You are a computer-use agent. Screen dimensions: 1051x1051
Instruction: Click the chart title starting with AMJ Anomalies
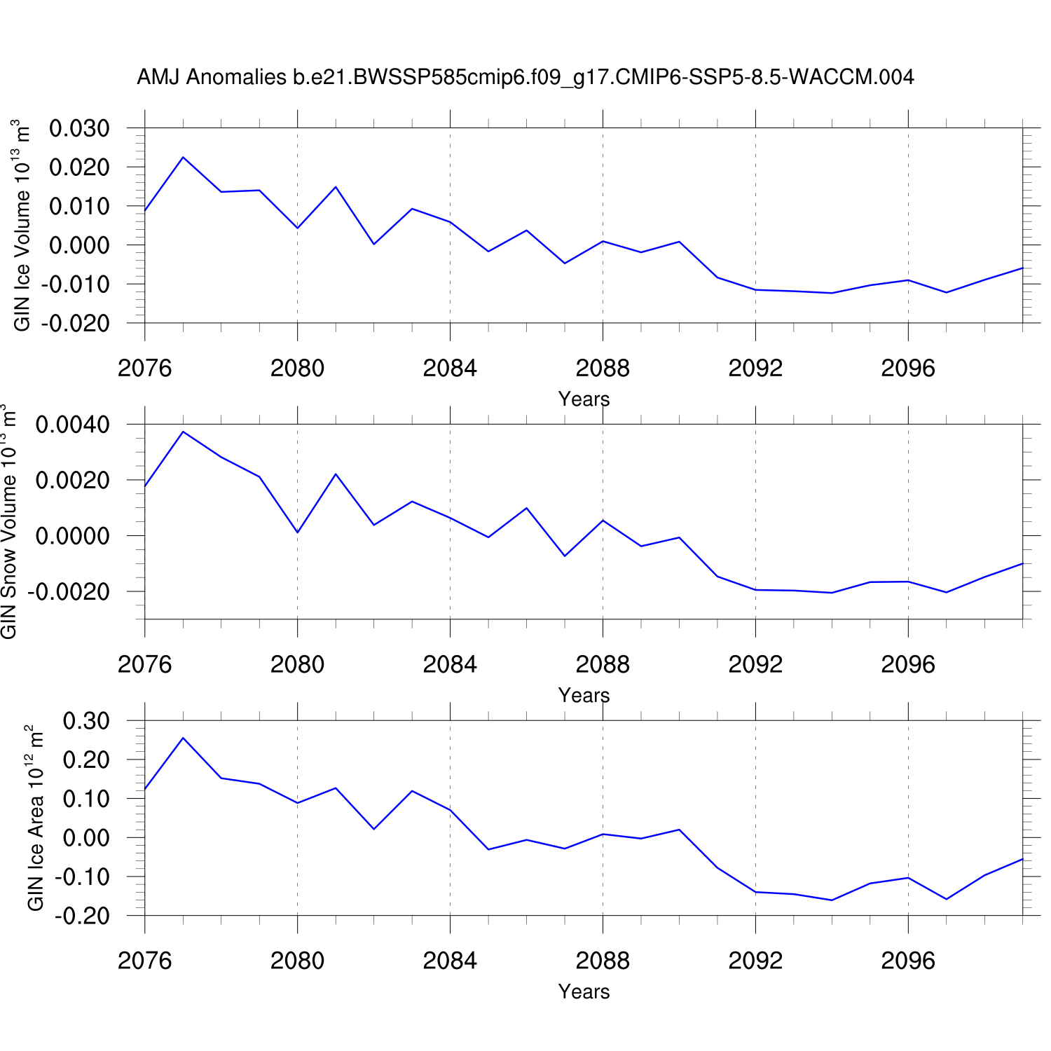(x=525, y=77)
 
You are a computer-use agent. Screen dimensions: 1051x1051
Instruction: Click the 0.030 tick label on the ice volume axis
(x=79, y=129)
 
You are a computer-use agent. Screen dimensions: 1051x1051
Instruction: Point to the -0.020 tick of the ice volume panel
(x=76, y=324)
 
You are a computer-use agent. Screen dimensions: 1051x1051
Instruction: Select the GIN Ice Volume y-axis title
(x=22, y=224)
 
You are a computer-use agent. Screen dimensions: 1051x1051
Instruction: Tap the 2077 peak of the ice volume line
(x=183, y=157)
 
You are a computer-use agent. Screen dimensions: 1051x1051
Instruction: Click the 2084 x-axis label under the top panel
(x=450, y=369)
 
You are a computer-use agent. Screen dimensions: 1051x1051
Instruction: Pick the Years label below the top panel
(x=584, y=399)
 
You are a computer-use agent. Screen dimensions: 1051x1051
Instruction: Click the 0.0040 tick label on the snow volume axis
(x=73, y=425)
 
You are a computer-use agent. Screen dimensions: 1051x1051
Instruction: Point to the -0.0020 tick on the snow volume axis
(x=69, y=592)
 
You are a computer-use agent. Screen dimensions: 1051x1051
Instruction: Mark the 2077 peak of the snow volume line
(x=183, y=432)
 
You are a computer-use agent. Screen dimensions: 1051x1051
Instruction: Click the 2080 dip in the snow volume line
(x=298, y=533)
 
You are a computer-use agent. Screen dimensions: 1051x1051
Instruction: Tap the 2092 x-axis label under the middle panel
(x=755, y=665)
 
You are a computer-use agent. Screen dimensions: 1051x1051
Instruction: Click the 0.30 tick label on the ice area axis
(x=86, y=721)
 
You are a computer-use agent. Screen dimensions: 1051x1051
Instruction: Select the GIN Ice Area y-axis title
(x=35, y=818)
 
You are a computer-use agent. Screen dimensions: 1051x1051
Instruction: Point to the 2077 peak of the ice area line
(x=183, y=738)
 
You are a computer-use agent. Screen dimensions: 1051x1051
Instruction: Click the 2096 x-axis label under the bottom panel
(x=908, y=961)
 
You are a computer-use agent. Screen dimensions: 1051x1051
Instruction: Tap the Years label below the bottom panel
(x=584, y=992)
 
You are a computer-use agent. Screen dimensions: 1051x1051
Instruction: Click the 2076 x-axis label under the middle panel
(x=145, y=665)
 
